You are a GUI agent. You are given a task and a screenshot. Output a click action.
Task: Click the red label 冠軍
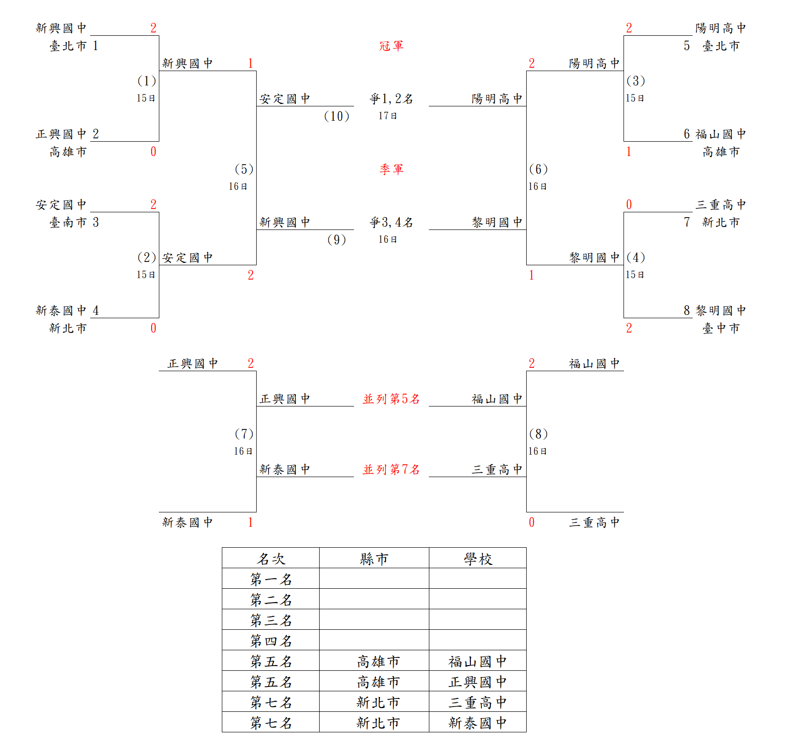391,46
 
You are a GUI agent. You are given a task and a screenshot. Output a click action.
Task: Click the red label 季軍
391,169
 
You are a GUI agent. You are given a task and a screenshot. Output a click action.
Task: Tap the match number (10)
337,116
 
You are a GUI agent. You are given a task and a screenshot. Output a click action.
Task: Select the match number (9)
337,240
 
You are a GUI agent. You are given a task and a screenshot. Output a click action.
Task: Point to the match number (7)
244,434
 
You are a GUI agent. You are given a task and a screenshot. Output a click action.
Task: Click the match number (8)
539,434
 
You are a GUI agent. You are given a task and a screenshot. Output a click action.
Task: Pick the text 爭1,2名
391,99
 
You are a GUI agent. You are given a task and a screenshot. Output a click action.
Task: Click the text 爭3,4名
391,222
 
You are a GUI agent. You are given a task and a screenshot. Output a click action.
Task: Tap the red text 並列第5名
391,399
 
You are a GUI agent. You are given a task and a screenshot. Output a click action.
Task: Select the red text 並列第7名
391,469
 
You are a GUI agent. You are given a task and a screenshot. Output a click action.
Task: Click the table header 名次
271,559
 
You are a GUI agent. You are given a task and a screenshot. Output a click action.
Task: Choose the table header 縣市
374,559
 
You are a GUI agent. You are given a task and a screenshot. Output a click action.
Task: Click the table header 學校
478,559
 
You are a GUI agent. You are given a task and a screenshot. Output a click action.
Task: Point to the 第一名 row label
271,579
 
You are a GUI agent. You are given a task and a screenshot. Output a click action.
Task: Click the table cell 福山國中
478,661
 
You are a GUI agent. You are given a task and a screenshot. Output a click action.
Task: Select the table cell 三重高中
478,702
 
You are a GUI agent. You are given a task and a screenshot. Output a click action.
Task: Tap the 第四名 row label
271,641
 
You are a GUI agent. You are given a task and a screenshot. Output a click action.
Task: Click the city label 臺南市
68,222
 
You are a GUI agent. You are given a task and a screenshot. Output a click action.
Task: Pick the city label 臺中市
721,328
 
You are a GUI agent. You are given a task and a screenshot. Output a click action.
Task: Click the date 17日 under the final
388,116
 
